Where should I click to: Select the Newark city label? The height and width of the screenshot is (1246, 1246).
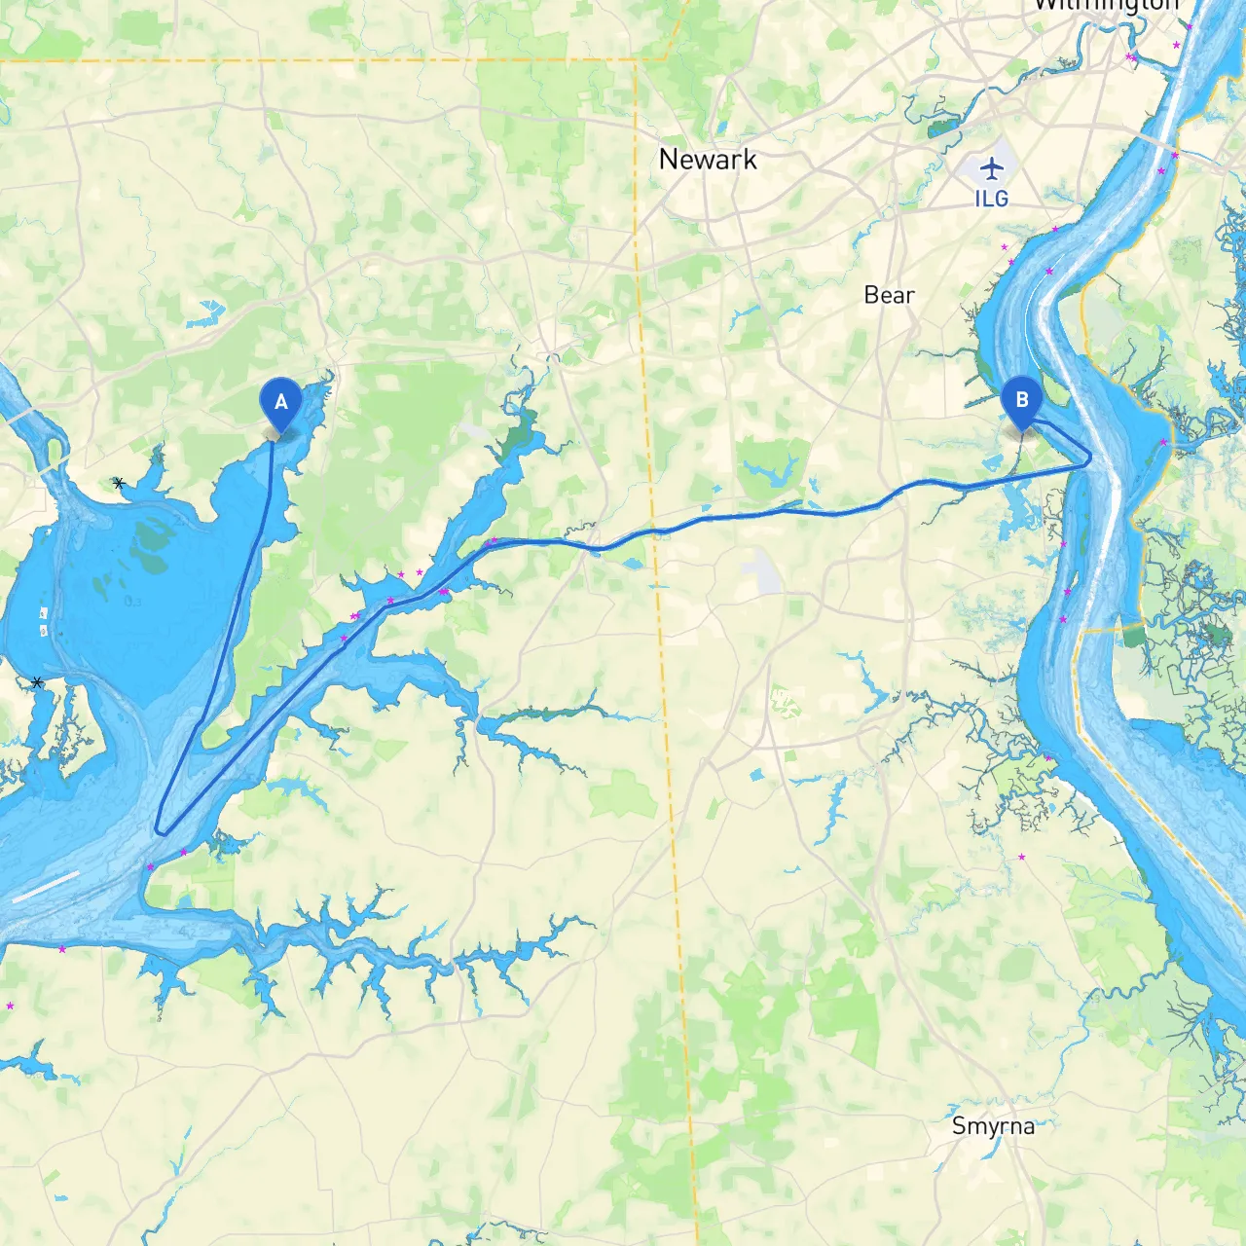point(708,160)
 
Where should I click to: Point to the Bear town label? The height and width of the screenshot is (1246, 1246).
point(889,295)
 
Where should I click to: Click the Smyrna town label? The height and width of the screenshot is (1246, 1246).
point(993,1126)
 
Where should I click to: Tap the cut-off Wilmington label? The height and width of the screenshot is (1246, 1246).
point(1105,6)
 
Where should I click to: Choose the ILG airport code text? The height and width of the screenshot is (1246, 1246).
point(991,199)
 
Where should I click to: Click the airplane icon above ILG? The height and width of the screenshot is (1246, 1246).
point(991,168)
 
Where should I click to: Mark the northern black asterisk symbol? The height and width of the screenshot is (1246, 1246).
point(119,483)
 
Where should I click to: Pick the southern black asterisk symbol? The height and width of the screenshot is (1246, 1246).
point(37,682)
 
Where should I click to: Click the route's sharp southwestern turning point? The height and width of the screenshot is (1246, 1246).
point(159,830)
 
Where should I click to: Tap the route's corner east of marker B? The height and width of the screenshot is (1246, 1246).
point(1090,458)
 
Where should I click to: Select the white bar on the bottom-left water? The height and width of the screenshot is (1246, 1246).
point(46,887)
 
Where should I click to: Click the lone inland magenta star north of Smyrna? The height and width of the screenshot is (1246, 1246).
point(1021,857)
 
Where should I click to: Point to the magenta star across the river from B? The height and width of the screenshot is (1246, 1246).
point(1163,442)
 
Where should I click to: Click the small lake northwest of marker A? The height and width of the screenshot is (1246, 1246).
point(208,313)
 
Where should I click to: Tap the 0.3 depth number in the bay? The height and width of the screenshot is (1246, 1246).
point(133,602)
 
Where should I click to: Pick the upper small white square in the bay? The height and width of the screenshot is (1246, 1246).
point(44,613)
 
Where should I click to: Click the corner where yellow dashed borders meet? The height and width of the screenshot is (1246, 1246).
point(637,61)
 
